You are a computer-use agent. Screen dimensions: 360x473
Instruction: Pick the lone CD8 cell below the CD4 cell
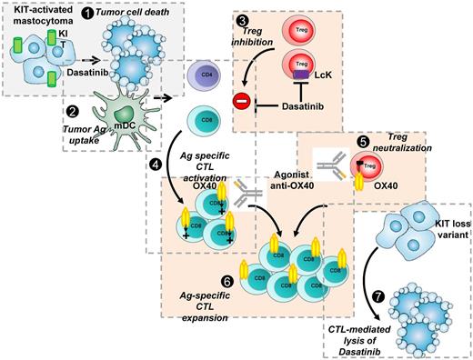point(204,117)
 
